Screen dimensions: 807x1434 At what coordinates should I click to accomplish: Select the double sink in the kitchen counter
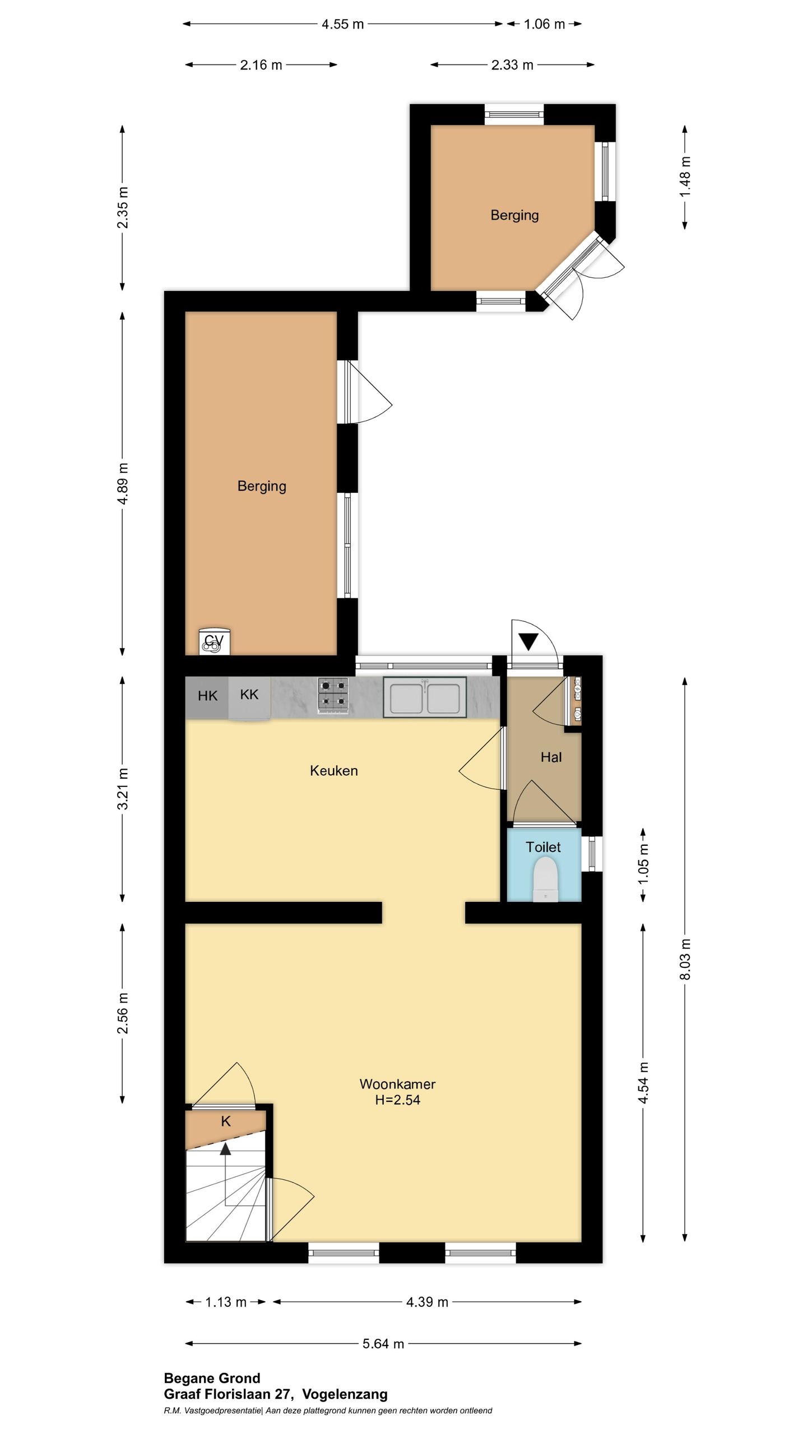425,697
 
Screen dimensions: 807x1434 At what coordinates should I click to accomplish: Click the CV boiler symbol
214,641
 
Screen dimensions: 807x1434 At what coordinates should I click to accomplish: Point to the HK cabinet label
207,696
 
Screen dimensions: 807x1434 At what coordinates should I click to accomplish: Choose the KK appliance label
249,695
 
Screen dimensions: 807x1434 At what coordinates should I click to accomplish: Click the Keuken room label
333,771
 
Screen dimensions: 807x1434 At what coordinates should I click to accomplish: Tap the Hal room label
551,757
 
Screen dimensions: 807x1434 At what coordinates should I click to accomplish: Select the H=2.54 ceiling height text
397,1100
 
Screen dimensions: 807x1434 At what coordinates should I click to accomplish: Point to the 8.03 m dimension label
685,958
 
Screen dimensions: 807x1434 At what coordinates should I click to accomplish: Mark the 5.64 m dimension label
383,1344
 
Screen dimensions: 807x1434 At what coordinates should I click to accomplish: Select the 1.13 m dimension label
226,1302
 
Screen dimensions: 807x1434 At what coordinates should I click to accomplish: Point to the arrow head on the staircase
225,1149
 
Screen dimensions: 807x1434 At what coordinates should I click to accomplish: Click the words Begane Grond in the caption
212,1379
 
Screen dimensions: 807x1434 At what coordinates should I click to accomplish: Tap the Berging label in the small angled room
514,216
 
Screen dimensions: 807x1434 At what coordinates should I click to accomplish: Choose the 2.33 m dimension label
512,65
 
